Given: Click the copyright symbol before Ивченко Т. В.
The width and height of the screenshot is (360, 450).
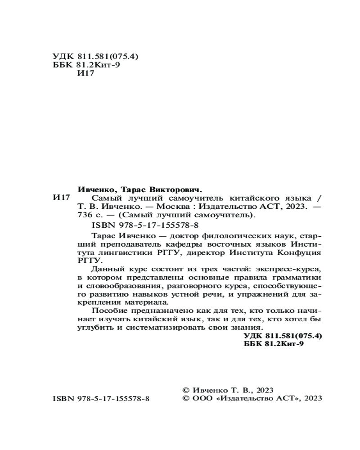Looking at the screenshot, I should click(x=184, y=390).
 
